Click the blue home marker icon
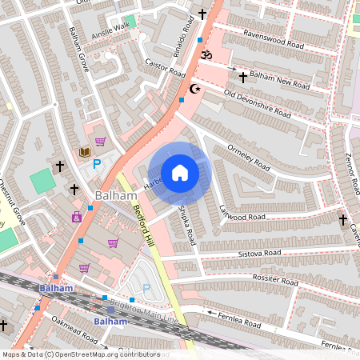pyautogui.click(x=180, y=173)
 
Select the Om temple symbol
pyautogui.click(x=204, y=55)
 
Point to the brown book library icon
pyautogui.click(x=84, y=152)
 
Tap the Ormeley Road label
pyautogui.click(x=250, y=156)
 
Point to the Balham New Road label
pyautogui.click(x=279, y=81)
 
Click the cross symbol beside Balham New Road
pyautogui.click(x=243, y=77)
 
